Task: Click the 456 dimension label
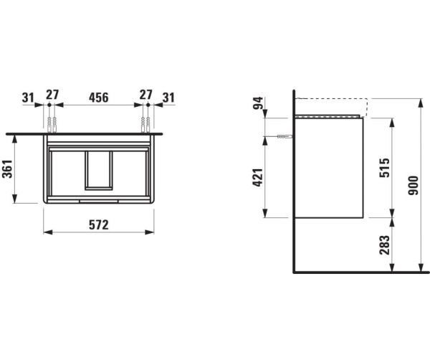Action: pyautogui.click(x=99, y=98)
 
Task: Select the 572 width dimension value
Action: pyautogui.click(x=99, y=225)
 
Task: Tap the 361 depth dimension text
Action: pyautogui.click(x=7, y=169)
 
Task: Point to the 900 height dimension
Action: pyautogui.click(x=414, y=186)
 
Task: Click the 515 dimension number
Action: pyautogui.click(x=384, y=168)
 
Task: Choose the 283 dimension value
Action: pyautogui.click(x=384, y=245)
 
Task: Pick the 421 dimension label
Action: pyautogui.click(x=258, y=178)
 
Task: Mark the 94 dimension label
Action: pyautogui.click(x=258, y=103)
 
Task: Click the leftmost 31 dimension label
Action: pyautogui.click(x=28, y=98)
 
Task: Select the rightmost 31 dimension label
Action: pyautogui.click(x=168, y=98)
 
